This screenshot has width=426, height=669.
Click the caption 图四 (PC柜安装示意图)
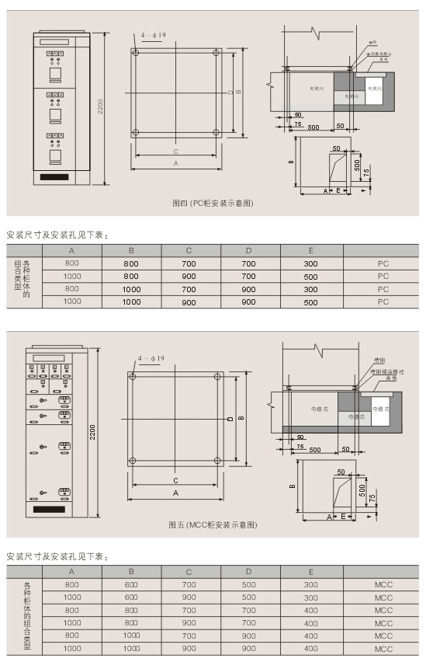click(x=212, y=203)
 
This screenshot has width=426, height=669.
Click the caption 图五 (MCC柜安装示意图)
click(x=212, y=524)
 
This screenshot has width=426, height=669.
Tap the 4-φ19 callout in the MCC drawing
click(x=151, y=358)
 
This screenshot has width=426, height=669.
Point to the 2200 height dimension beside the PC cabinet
click(x=99, y=109)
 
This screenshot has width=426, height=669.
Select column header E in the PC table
click(x=310, y=250)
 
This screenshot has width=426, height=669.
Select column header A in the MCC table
click(x=72, y=572)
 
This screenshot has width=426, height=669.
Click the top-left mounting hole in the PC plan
click(x=137, y=54)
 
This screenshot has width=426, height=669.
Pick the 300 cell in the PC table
click(x=310, y=263)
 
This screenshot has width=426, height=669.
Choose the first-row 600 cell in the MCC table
click(x=131, y=584)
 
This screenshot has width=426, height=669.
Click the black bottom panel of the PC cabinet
click(x=55, y=177)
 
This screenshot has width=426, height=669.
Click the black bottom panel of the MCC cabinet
click(x=49, y=509)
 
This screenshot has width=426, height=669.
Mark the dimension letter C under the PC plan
click(x=175, y=151)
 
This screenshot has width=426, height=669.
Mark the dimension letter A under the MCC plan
click(x=175, y=493)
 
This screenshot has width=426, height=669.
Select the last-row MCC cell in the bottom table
click(x=383, y=648)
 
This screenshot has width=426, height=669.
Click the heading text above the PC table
click(x=55, y=234)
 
